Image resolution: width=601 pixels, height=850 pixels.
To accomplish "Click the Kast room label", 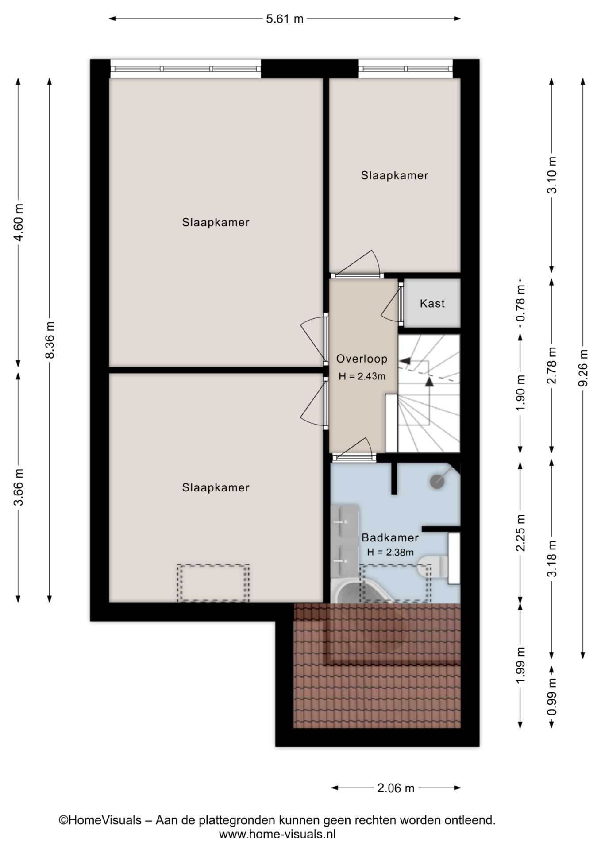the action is click(x=432, y=304).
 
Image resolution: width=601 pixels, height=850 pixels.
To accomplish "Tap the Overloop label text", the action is click(x=362, y=359).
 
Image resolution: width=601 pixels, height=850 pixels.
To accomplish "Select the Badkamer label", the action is click(x=390, y=538).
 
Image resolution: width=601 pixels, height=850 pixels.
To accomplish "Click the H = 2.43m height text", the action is click(x=362, y=377).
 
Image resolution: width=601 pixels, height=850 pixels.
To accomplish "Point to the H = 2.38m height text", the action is click(x=390, y=552).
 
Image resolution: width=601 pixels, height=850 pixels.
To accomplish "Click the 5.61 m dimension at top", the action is click(x=285, y=19).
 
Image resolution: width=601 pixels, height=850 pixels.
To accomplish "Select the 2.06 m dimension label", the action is click(x=396, y=788).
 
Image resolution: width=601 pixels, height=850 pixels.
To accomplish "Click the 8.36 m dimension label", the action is click(x=50, y=340).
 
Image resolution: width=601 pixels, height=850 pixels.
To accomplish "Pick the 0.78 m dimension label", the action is click(x=521, y=303).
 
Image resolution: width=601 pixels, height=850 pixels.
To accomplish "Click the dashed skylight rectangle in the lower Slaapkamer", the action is click(x=213, y=583).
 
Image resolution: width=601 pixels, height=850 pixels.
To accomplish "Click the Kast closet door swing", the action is click(x=389, y=305).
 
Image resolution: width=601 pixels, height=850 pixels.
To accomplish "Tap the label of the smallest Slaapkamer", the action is click(x=394, y=175).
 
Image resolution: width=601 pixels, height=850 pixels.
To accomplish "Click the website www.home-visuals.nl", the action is click(x=277, y=835).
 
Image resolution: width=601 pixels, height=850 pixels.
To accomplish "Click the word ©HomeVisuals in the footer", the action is click(x=100, y=820).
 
